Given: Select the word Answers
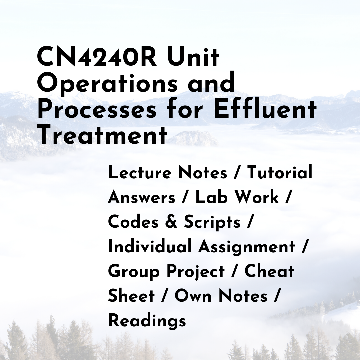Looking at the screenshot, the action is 141,197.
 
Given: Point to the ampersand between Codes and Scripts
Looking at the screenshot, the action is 171,222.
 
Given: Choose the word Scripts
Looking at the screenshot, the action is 212,222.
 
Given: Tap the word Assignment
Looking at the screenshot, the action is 247,247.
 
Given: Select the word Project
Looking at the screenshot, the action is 195,272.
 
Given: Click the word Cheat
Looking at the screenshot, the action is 269,271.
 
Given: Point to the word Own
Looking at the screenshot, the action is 193,296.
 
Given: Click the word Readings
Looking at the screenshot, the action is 147,321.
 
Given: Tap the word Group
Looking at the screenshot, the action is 134,272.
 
